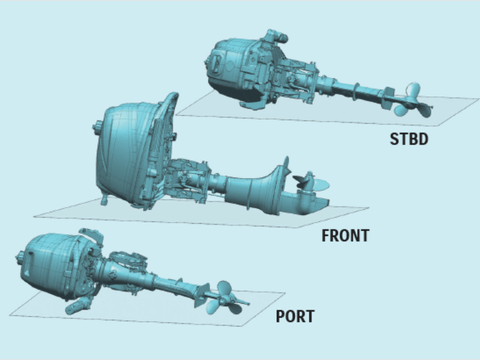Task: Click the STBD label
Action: pos(409,139)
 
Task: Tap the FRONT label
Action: pos(345,235)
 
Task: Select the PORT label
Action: pos(295,316)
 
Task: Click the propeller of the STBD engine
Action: pos(413,101)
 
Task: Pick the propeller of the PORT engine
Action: pos(224,297)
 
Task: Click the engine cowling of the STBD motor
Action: pos(233,67)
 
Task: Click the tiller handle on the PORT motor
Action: pos(78,305)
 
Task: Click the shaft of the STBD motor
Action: pos(353,89)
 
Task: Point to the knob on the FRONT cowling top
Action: pos(97,128)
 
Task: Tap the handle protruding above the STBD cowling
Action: pos(276,36)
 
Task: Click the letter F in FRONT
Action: pos(326,235)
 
